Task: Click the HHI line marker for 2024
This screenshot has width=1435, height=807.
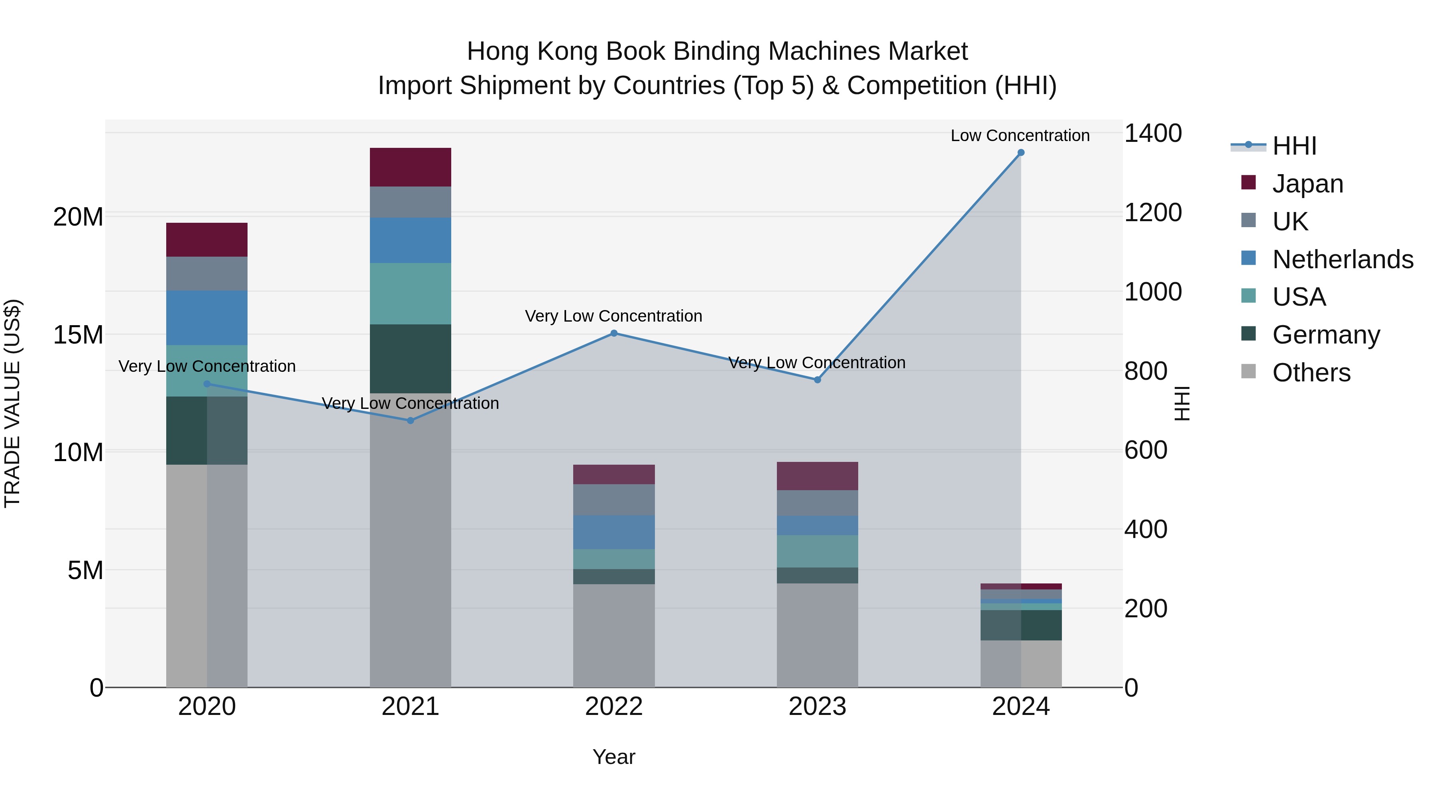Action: point(1020,153)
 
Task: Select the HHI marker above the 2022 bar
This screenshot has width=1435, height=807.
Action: point(613,333)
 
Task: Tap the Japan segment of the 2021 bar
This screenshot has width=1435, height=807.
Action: point(410,167)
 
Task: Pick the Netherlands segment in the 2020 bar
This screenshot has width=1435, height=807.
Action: point(206,318)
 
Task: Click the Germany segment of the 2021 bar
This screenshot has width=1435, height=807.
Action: point(410,359)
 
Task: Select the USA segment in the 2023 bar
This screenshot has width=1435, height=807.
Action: point(817,552)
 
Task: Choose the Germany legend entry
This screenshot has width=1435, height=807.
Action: point(1326,335)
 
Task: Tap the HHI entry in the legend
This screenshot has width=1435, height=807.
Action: point(1294,146)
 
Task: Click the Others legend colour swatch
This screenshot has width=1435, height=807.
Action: point(1248,371)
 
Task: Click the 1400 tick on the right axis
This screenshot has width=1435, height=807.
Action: point(1152,134)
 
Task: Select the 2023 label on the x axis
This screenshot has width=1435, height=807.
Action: point(817,707)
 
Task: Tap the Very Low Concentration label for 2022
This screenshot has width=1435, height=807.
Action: point(613,316)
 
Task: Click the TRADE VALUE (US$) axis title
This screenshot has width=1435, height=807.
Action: point(12,403)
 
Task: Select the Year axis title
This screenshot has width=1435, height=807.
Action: point(613,757)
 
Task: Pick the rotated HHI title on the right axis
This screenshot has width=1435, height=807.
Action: point(1181,403)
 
